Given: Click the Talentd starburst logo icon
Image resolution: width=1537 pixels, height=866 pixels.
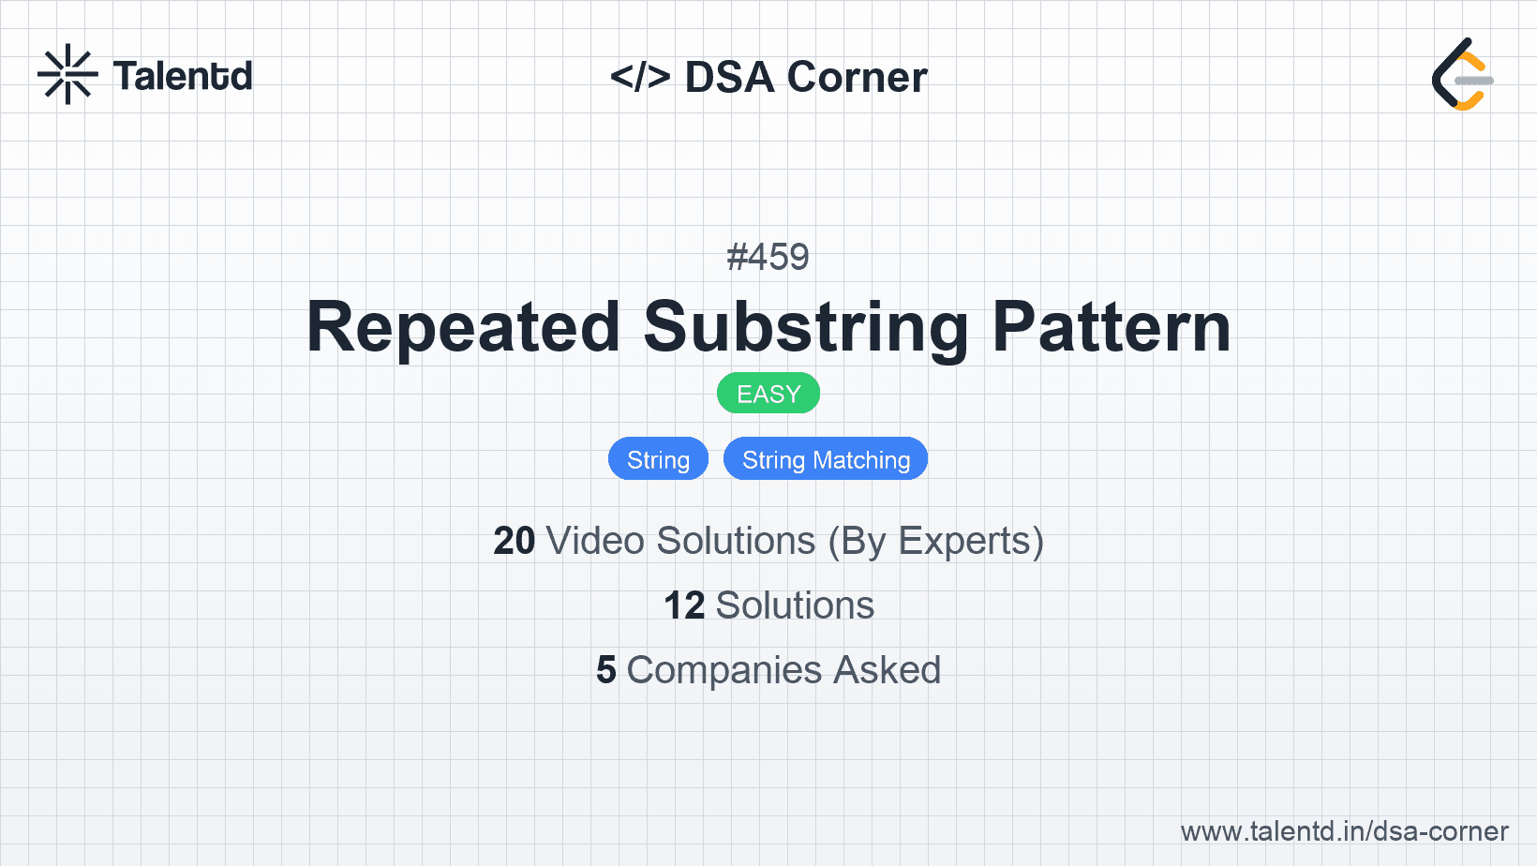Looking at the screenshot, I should point(67,75).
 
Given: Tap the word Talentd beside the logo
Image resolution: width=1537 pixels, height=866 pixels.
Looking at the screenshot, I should point(183,76).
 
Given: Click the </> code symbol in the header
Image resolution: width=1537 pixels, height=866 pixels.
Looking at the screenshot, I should point(640,77).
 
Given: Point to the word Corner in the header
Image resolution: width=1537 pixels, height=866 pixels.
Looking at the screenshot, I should point(858,77).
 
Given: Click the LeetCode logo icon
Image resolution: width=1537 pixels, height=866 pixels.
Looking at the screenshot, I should point(1462,75).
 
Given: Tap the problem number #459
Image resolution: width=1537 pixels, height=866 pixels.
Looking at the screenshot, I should point(768,257).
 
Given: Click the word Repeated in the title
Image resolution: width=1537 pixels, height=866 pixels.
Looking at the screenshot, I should point(463,327).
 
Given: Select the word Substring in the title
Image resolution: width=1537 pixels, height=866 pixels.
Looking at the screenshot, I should point(806,327).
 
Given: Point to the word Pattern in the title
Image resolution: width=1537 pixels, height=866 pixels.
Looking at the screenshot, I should point(1112,327).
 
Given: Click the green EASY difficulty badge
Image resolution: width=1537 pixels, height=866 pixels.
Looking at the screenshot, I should point(768,394).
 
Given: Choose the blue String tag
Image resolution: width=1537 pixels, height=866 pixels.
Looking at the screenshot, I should point(658,459).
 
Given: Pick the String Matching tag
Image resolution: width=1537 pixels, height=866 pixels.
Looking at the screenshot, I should point(826,459).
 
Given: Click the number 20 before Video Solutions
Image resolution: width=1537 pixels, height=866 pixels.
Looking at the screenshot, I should point(514,541).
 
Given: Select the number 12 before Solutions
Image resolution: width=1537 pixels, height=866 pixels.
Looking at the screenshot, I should point(684,605).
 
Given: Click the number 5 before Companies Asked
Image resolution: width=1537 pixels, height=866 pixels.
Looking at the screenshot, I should point(606,670).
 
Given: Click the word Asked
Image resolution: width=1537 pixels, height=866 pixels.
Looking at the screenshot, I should point(887,670).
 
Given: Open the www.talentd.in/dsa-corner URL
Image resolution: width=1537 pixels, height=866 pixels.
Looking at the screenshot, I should point(1344,831).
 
